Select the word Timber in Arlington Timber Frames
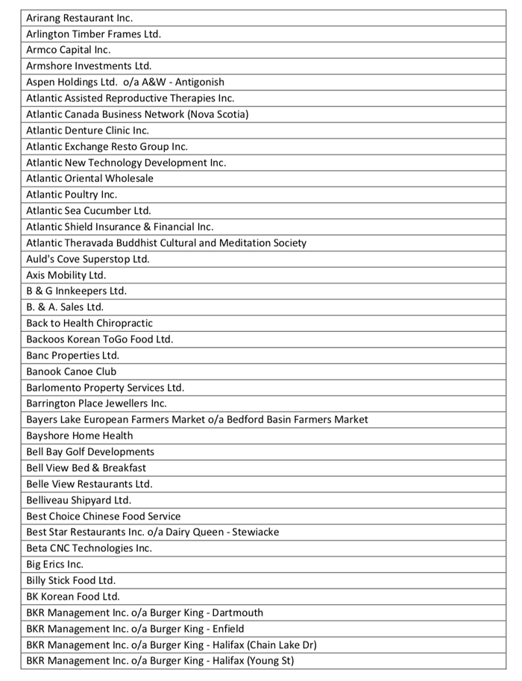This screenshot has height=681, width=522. [x=93, y=34]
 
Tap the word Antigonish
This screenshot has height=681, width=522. [x=200, y=82]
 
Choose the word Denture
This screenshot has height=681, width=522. [x=85, y=130]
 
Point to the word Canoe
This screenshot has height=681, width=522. [x=79, y=371]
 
